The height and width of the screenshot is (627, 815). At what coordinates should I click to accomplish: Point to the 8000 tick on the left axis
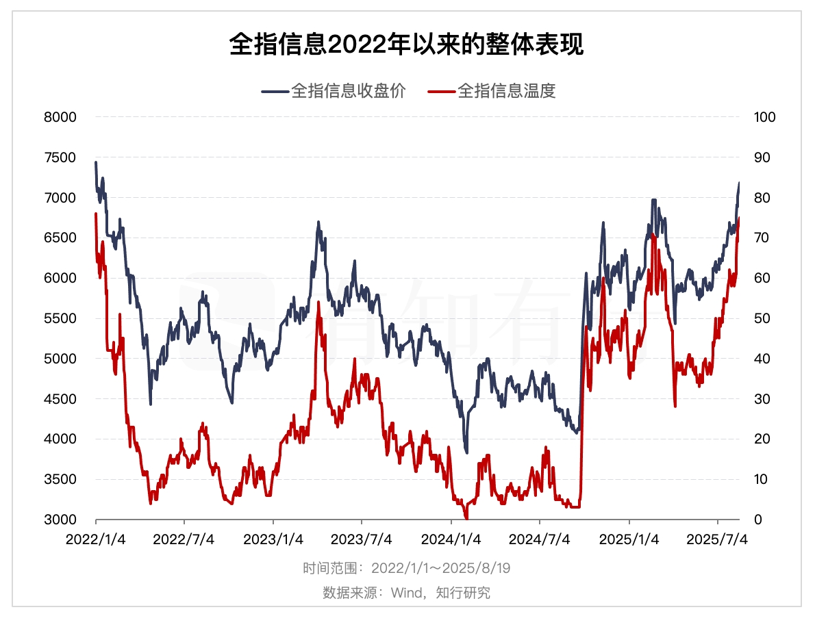62,117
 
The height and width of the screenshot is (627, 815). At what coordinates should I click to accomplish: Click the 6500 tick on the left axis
62,238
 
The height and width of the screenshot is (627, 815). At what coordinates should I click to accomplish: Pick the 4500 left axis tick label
62,399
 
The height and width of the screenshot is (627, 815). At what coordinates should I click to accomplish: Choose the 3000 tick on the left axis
62,520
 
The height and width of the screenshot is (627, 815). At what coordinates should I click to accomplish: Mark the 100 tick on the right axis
764,117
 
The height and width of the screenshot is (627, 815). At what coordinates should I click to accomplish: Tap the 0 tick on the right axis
757,520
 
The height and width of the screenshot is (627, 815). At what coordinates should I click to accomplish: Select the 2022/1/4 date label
95,540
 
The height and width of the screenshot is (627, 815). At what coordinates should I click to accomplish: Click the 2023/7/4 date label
362,540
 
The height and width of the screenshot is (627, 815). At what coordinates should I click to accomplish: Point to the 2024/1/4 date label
451,540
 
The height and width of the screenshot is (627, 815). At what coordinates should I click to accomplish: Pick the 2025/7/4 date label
717,540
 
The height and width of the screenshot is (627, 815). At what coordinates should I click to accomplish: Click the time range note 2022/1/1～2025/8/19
441,568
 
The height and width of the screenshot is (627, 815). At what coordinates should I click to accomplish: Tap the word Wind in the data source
407,593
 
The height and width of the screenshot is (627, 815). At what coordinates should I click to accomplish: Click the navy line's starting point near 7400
96,163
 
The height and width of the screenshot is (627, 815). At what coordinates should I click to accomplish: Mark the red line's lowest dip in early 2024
466,518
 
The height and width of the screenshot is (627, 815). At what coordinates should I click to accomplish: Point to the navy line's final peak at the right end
739,183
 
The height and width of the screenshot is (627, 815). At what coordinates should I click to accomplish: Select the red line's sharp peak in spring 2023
318,302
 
